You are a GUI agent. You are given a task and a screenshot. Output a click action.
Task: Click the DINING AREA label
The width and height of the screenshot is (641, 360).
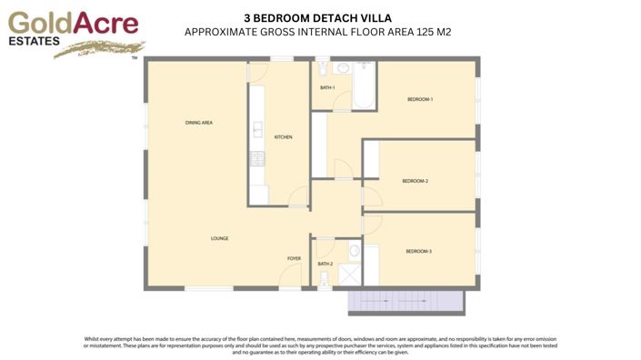[x=198, y=122]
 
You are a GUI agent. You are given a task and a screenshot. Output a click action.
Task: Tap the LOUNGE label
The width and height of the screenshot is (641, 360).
[x=219, y=238]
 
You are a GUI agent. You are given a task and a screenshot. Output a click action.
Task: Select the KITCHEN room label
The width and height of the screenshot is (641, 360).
[x=283, y=137]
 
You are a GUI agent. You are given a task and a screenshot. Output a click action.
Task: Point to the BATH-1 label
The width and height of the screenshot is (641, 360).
[x=327, y=88]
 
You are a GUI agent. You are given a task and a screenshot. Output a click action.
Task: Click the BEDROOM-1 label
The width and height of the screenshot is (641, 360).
[x=419, y=99]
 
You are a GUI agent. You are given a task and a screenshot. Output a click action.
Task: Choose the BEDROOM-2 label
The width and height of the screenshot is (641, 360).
[x=415, y=181]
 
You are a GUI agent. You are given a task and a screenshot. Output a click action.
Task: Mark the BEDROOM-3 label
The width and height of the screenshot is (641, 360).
[x=418, y=251]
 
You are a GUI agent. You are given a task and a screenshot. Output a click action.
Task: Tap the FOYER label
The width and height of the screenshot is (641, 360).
[x=294, y=259]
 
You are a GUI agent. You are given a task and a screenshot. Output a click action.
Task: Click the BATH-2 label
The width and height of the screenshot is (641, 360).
[x=325, y=265]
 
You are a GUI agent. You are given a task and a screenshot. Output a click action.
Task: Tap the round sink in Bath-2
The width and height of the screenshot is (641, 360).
[x=355, y=252]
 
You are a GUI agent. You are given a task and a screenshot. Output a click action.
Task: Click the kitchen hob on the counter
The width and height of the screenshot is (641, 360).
[x=256, y=159]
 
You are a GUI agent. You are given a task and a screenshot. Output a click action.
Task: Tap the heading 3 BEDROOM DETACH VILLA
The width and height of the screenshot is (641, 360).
[x=318, y=16]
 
